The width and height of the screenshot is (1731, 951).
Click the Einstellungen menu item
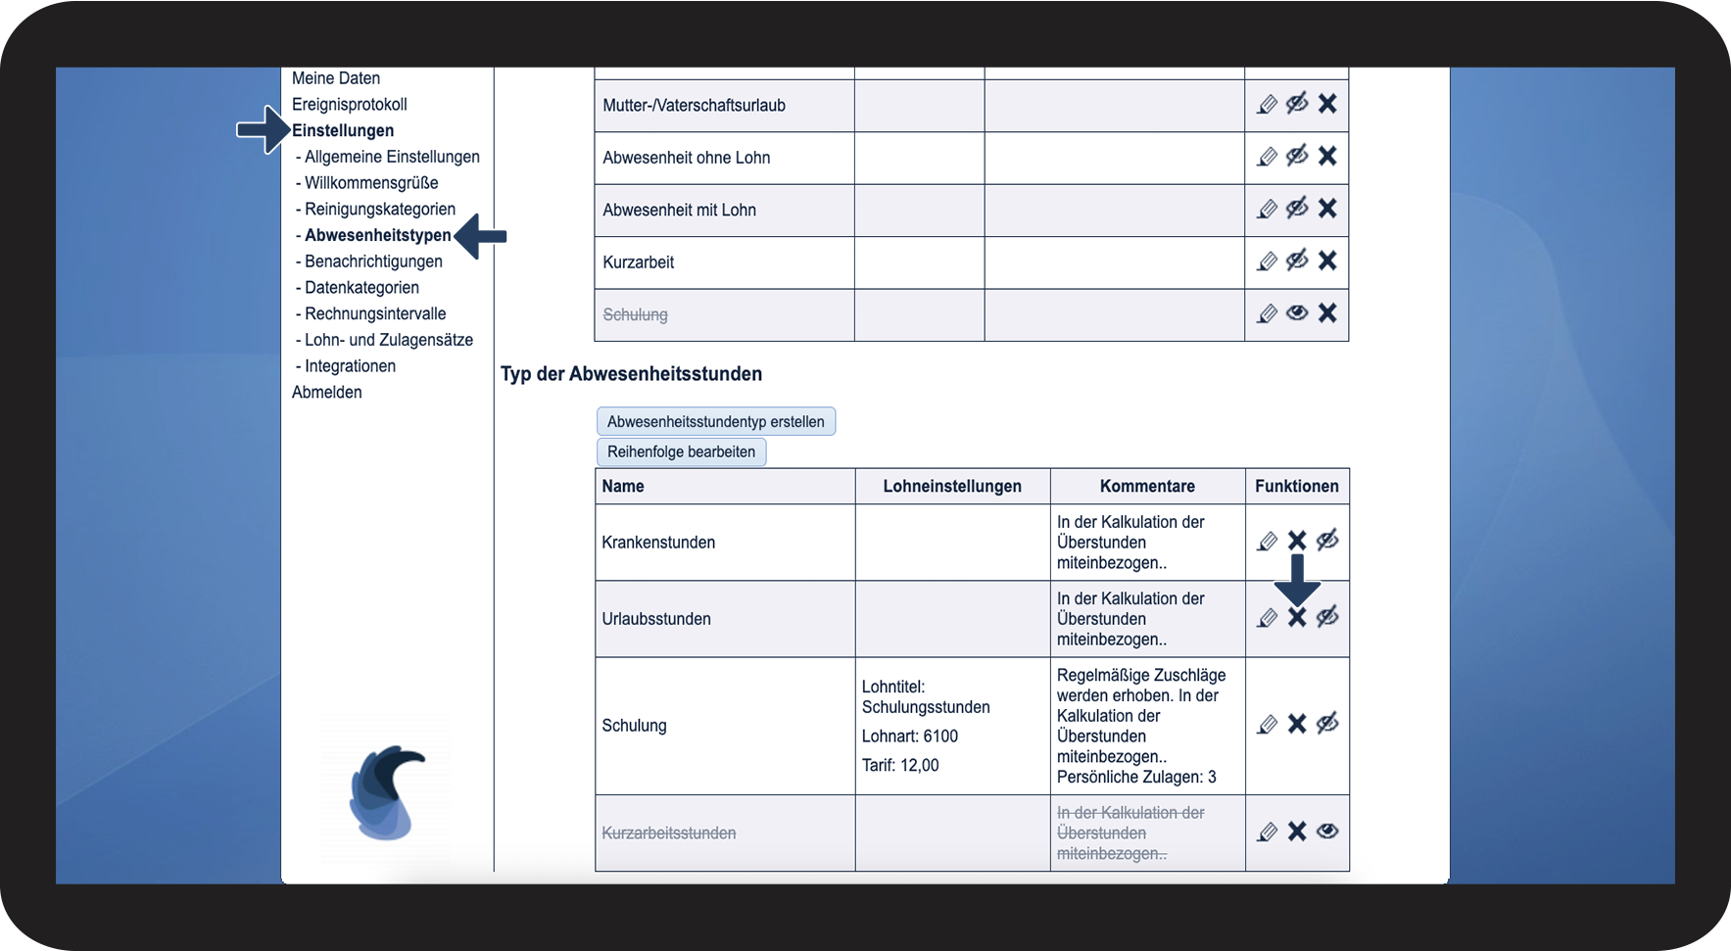pos(343,130)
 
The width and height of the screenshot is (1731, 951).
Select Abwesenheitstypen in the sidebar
pos(377,235)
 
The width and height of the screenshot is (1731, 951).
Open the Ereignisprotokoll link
pos(349,104)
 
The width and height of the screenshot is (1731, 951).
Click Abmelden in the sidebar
pos(326,392)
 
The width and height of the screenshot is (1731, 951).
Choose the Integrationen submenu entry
pos(350,365)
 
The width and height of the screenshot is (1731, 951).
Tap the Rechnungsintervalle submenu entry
pos(375,313)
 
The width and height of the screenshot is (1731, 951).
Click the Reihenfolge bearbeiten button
pos(681,452)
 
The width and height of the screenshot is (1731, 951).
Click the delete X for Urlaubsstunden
pos(1297,617)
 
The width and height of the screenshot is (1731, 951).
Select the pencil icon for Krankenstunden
pos(1267,541)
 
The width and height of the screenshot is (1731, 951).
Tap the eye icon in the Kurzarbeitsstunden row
pos(1327,832)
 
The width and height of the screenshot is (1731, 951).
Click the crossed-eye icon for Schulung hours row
pos(1327,724)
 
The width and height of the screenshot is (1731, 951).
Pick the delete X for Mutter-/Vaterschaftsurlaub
pos(1327,103)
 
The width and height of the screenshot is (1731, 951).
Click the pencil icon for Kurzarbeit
pos(1267,261)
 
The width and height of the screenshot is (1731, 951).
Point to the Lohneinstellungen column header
pos(951,486)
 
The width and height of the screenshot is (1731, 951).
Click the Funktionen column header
pos(1296,486)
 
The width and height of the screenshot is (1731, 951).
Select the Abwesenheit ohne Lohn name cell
pos(686,158)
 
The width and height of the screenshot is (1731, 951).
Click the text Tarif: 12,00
pos(900,765)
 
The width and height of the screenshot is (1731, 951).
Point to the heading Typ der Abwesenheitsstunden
pos(631,373)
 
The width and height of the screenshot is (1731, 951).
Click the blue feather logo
pos(386,791)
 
